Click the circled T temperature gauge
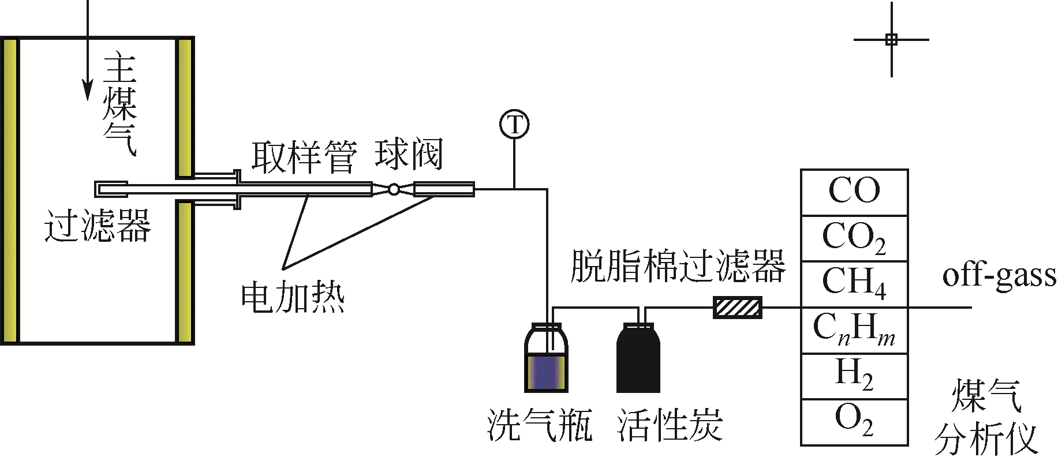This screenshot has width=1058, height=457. pos(514,125)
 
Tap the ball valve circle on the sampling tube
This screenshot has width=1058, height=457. pos(394,189)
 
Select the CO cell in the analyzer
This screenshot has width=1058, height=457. pos(854,192)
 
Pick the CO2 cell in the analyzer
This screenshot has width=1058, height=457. pos(854,238)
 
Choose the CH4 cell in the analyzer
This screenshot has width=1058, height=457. pos(854,283)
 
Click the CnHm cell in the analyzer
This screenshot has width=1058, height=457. pos(854,329)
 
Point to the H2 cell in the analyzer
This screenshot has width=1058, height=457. pos(854,374)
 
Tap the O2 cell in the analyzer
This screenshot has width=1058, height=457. pos(854,421)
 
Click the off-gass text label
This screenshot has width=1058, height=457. pos(999,276)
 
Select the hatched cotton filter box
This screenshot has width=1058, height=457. pos(738,308)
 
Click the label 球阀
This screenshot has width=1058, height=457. pos(409,155)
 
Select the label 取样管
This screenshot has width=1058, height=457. pos(304,157)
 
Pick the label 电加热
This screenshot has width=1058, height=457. pos(293,298)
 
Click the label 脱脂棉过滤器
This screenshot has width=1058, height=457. pos(678,267)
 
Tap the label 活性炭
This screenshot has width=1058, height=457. pos(670,426)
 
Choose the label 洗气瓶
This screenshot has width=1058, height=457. pos(540,426)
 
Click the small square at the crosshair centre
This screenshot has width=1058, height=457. pos(891,39)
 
